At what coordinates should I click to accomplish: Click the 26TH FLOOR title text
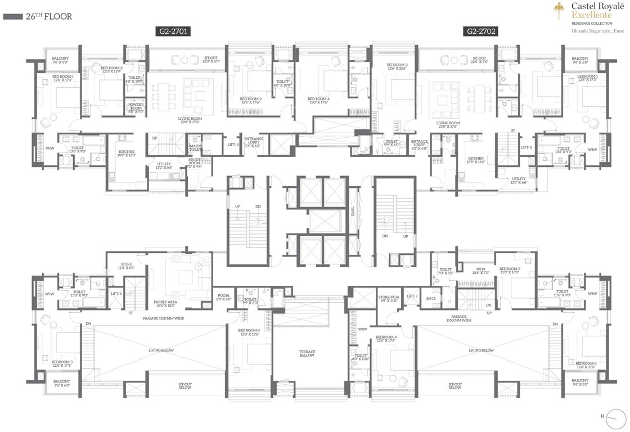coord(48,17)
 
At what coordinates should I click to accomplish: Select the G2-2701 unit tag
coord(173,32)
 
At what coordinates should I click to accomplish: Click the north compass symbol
coord(611,416)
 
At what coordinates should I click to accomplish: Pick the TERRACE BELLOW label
coord(307,354)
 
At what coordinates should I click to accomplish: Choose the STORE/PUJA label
coord(388,298)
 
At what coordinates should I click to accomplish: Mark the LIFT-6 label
coord(116,294)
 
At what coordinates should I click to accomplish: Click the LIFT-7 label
coord(412,296)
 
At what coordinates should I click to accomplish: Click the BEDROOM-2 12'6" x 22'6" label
coord(397,67)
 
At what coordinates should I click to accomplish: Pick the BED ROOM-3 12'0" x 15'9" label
coord(111,69)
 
